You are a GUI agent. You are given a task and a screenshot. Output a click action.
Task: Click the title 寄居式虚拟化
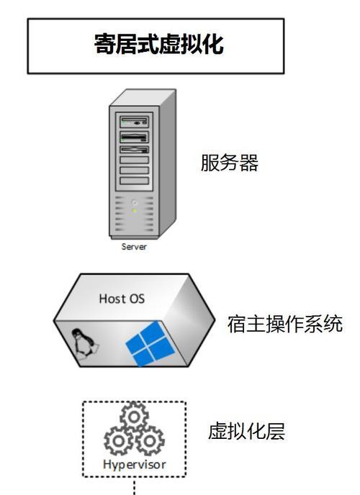pos(159,44)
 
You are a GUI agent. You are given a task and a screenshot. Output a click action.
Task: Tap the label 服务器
pos(230,163)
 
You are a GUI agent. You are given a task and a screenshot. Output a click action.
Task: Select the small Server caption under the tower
pos(134,247)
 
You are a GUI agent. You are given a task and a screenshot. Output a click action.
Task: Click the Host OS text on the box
pos(122,299)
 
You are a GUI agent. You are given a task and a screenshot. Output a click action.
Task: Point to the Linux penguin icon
pos(84,344)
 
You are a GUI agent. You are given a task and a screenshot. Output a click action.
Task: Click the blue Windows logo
pos(150,343)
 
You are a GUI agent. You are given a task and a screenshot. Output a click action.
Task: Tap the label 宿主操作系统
pos(285,324)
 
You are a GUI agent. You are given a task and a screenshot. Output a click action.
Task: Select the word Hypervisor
pos(134,464)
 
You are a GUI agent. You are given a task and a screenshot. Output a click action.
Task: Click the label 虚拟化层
pos(246,431)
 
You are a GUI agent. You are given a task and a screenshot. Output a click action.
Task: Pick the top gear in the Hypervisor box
pos(134,417)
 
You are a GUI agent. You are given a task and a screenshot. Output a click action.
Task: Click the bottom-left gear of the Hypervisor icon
pos(119,441)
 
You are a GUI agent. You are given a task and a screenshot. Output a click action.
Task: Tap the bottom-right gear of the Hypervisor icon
pos(150,441)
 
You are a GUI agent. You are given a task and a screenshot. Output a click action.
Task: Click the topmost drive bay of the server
pos(134,122)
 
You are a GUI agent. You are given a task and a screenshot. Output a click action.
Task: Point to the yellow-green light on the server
pos(135,210)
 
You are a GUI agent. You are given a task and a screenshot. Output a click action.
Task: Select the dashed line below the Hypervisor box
pos(135,486)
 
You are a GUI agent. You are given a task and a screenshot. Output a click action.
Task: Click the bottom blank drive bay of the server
pos(134,181)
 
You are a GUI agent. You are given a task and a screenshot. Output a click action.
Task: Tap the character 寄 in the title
pos(104,44)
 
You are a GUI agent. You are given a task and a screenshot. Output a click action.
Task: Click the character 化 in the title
pos(213,44)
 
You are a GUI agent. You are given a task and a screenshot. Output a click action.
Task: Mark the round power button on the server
pos(135,202)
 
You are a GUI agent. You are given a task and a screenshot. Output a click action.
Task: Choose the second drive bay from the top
pos(134,137)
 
